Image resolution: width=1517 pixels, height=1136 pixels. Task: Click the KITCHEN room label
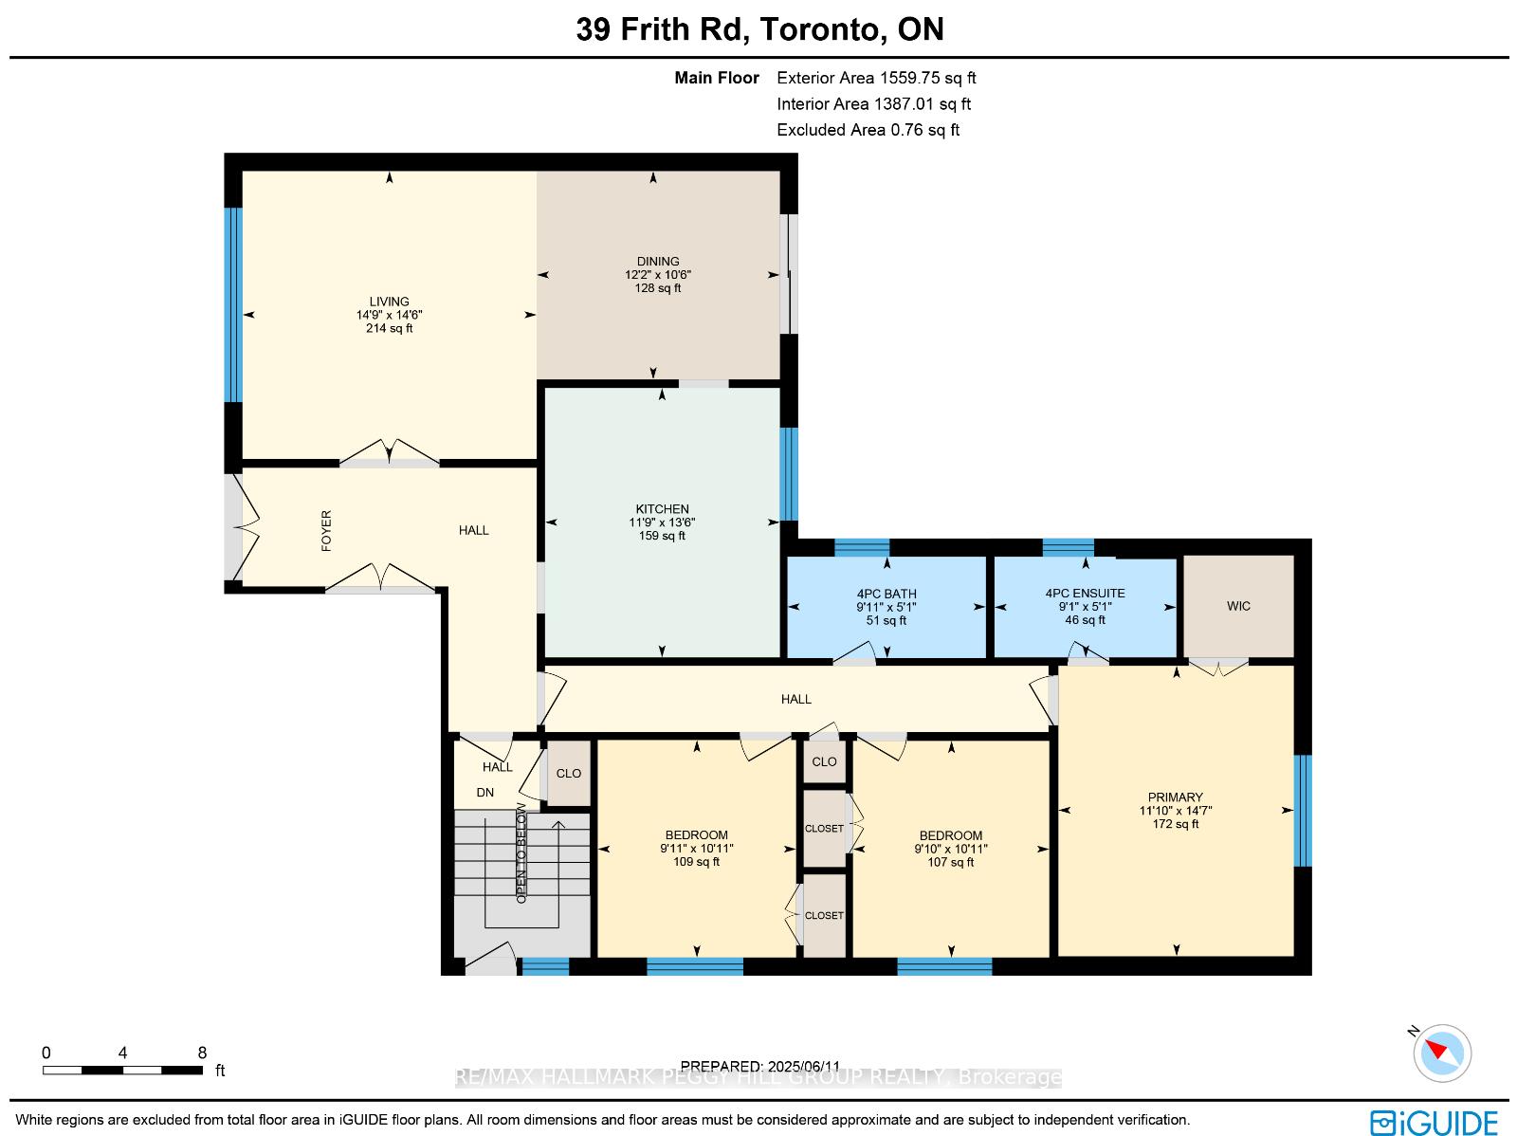662,508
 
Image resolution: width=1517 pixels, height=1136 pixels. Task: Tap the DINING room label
658,261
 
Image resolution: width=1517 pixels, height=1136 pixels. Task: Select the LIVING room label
389,302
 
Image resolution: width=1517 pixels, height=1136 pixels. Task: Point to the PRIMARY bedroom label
1175,797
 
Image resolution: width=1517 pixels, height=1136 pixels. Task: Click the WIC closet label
1238,606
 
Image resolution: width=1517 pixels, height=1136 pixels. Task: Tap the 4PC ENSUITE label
1085,593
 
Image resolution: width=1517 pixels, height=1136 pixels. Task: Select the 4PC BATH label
886,594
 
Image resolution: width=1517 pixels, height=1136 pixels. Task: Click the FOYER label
326,531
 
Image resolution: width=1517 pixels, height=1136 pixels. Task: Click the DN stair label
485,793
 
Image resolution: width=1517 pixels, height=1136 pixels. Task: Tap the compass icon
1442,1054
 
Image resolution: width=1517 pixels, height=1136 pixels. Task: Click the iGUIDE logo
1435,1123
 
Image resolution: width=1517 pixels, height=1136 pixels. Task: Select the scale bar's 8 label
202,1053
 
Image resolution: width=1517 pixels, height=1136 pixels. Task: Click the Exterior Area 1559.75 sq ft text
876,78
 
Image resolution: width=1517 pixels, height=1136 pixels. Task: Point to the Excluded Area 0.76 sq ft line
868,130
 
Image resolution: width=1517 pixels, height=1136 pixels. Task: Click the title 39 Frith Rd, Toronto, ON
759,29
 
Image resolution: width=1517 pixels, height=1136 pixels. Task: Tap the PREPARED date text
760,1066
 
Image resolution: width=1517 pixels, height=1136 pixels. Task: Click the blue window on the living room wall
233,304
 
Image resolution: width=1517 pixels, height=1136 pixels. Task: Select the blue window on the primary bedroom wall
1302,811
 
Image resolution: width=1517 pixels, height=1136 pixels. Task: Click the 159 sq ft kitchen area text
662,536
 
